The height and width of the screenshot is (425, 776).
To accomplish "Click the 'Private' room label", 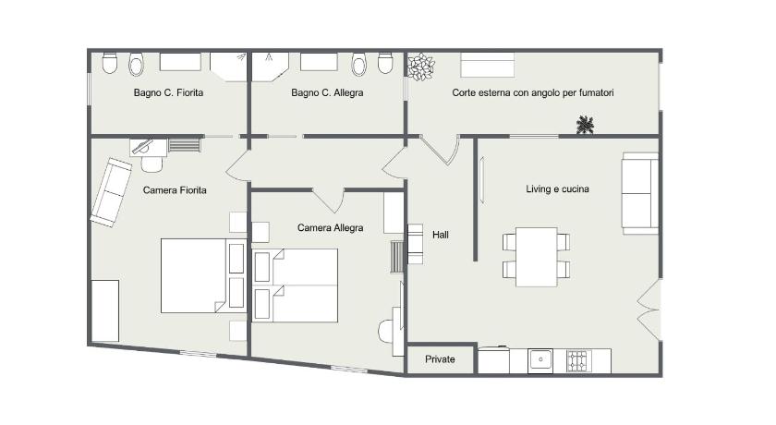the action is point(440,359).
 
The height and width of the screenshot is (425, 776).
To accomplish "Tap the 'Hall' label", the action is point(441,235).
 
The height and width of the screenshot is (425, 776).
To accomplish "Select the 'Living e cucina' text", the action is point(557,189).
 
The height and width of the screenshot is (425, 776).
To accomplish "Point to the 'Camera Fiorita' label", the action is point(175,190).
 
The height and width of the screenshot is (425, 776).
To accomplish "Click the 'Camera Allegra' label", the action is point(330,227).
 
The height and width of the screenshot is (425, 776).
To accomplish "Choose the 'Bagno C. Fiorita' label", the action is point(168,92).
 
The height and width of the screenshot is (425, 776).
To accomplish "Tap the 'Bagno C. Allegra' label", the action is point(327,92).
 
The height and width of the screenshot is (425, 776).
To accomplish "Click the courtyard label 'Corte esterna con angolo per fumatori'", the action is point(533,92).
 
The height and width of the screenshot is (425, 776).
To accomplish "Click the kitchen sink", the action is point(540,360).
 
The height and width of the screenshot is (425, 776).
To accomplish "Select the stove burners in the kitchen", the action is point(579,361).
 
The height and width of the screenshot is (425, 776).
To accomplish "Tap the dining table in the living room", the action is point(537,257).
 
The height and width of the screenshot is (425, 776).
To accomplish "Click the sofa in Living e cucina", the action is point(640,193).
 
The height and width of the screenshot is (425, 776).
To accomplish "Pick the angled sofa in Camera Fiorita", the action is point(111,192).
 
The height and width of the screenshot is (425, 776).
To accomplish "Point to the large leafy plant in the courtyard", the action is point(420,67).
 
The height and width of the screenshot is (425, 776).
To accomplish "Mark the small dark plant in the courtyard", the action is point(585,124).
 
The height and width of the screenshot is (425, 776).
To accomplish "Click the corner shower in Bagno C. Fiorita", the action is point(228,67).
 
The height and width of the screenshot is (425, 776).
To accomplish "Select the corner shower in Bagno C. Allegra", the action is point(270,67).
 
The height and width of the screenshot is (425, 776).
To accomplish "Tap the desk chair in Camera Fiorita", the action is point(152,164).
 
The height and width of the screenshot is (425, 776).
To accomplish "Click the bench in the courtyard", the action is point(488,65).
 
